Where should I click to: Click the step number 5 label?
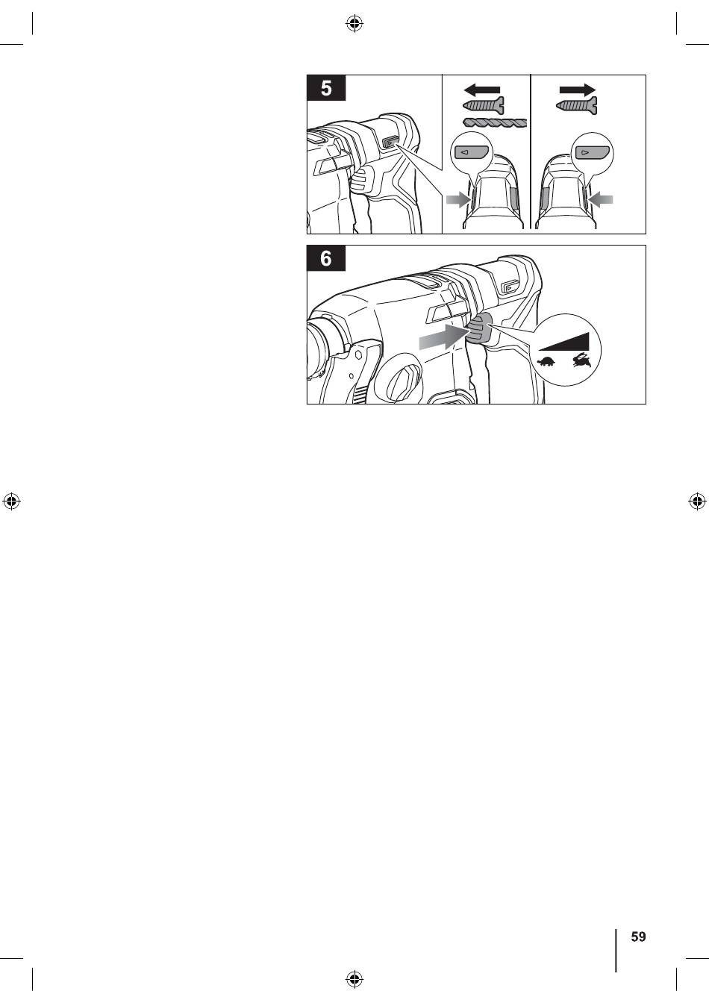click(326, 88)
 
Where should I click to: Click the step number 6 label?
click(326, 258)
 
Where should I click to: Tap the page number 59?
click(638, 937)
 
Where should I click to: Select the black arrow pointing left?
click(481, 90)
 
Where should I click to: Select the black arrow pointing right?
click(578, 90)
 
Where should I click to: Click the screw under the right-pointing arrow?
click(576, 106)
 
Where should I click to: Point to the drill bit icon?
click(495, 122)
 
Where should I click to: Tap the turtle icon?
click(546, 361)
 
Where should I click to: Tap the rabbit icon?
click(582, 360)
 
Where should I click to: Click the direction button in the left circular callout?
click(471, 152)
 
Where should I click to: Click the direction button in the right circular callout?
click(592, 152)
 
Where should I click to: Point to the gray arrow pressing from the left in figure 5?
click(459, 200)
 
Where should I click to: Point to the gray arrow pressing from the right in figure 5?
click(600, 200)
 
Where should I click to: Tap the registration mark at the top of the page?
click(354, 24)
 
